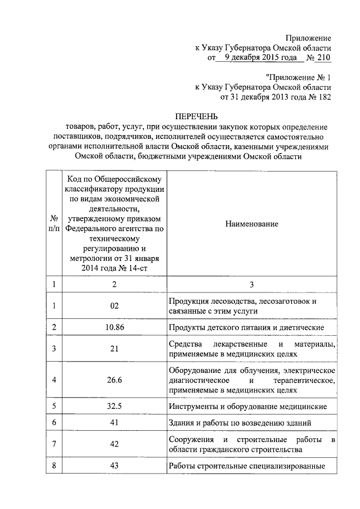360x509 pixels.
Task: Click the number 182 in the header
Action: point(325,97)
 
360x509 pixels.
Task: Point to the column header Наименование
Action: point(252,224)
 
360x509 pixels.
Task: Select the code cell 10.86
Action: point(114,327)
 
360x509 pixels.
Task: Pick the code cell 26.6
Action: point(114,380)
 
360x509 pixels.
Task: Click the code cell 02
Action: point(114,306)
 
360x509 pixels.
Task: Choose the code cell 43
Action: point(114,466)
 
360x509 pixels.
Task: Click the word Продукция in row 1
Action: point(188,301)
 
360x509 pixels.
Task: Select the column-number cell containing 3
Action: point(252,285)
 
